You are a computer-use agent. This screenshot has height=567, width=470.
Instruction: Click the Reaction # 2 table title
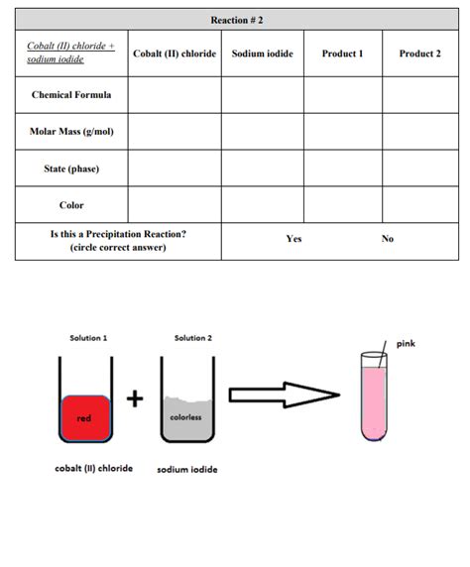click(237, 20)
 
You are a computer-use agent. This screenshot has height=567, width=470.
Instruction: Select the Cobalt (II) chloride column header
click(175, 54)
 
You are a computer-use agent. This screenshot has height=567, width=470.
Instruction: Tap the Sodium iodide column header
click(262, 54)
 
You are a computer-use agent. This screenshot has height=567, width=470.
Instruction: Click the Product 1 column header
click(342, 54)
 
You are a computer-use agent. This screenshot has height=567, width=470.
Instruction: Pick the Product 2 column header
click(419, 54)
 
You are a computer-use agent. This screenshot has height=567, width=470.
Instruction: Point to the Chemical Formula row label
click(71, 95)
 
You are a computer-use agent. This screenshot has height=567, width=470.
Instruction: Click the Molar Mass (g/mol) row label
click(71, 131)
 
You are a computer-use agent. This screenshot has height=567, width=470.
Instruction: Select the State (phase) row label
click(71, 169)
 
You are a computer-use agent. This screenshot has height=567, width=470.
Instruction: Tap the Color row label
click(71, 205)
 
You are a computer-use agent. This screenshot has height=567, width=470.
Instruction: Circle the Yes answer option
click(294, 239)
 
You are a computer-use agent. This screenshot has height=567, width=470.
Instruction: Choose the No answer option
click(388, 239)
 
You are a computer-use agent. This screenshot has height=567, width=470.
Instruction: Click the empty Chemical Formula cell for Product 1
click(342, 95)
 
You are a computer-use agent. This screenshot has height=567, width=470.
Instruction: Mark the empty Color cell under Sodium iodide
click(262, 205)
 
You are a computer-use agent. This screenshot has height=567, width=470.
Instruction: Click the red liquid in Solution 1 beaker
click(86, 417)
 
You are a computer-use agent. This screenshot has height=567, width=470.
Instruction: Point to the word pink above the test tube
click(406, 344)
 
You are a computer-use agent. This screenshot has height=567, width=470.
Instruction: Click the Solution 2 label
click(192, 338)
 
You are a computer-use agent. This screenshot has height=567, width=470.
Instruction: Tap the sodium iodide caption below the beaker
click(187, 469)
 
